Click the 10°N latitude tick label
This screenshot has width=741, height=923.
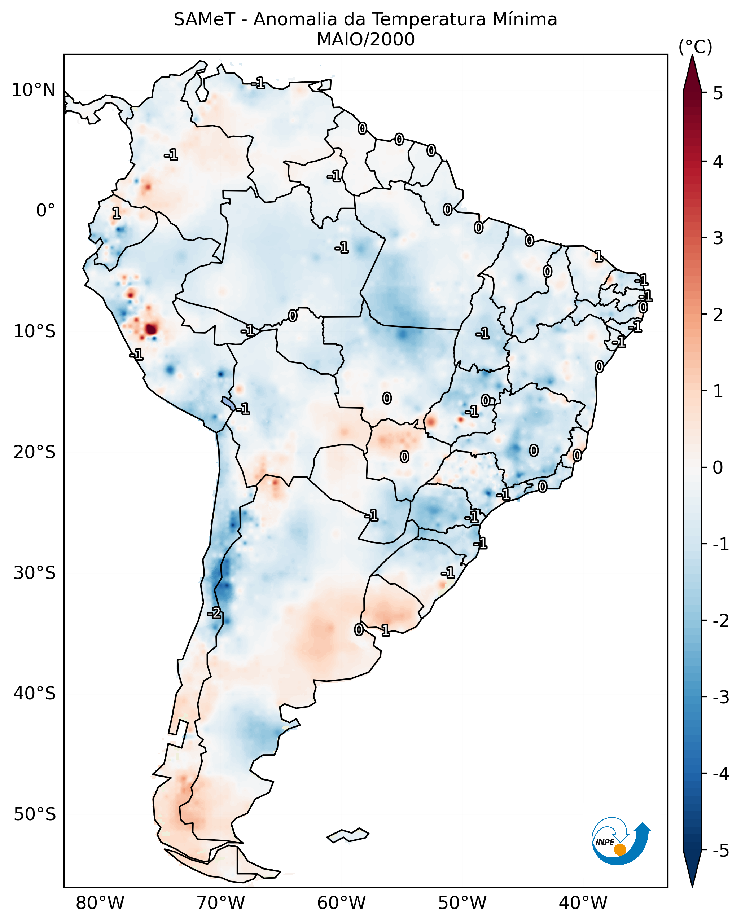(x=34, y=90)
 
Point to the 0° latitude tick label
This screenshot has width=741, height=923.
(x=45, y=210)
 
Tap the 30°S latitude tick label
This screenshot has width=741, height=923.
(x=34, y=572)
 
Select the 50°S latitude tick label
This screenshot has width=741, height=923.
(x=34, y=814)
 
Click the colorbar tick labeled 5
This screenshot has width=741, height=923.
(x=718, y=93)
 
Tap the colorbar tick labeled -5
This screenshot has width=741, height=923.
(x=720, y=851)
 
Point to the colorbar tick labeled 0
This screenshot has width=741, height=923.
(x=718, y=467)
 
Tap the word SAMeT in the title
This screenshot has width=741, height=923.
(x=204, y=20)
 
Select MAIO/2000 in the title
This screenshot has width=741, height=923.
(x=365, y=39)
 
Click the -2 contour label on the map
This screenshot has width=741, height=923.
(x=214, y=614)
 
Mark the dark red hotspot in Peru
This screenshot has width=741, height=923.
(x=151, y=329)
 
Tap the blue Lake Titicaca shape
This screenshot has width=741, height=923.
(x=228, y=403)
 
